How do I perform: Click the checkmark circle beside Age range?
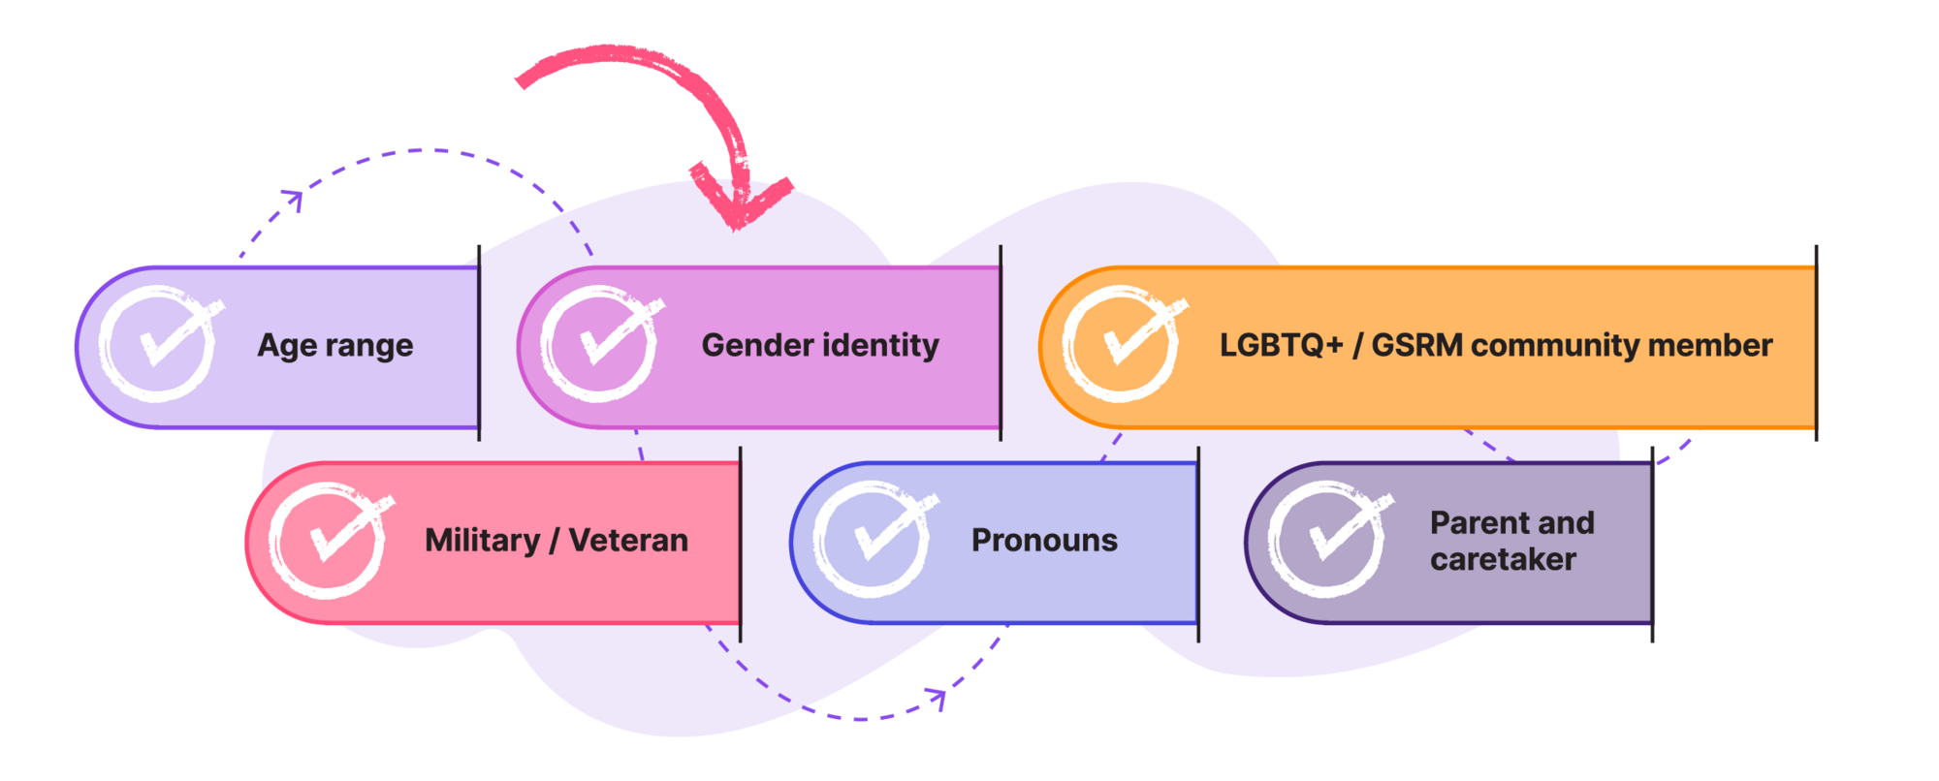tap(157, 344)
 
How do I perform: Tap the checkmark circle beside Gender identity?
tap(599, 344)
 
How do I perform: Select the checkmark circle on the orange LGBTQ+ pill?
tap(1121, 344)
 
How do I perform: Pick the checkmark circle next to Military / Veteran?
tap(328, 540)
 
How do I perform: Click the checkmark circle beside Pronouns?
tap(872, 540)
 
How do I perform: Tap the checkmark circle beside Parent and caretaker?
tap(1326, 540)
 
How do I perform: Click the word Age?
tap(287, 346)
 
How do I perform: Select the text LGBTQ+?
tap(1281, 345)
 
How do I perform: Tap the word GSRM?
tap(1415, 345)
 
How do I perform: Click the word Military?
tap(482, 541)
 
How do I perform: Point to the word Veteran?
tap(628, 540)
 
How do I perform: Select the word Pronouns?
tap(1044, 540)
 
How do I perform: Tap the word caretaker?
tap(1503, 559)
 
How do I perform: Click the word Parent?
tap(1473, 522)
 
